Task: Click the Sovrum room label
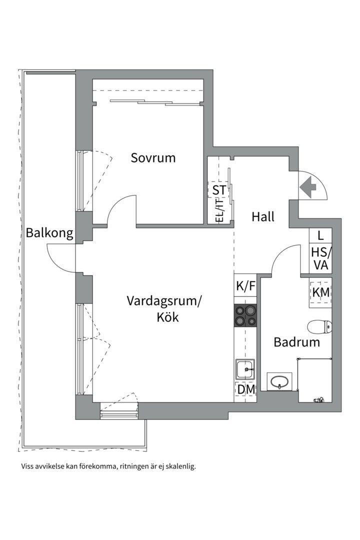pos(153,158)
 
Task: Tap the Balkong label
pos(49,232)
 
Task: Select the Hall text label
pos(263,217)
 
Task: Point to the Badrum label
pos(296,342)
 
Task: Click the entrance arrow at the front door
pos(308,187)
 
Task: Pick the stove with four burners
pos(245,315)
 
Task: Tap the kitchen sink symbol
pos(245,370)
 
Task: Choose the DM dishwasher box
pos(245,390)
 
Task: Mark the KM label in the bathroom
pos(320,292)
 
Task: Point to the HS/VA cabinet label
pos(320,258)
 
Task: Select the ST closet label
pos(219,190)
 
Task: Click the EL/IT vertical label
pos(218,210)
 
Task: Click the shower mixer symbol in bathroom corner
pos(318,399)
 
